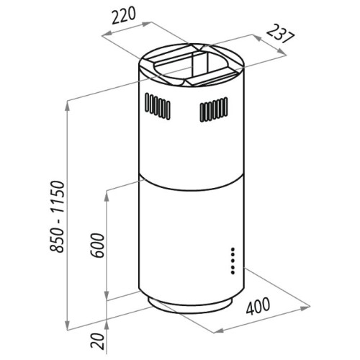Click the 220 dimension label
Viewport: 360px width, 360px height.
pyautogui.click(x=124, y=16)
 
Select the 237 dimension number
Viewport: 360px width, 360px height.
pyautogui.click(x=280, y=34)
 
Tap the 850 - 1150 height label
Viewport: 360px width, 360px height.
pyautogui.click(x=57, y=217)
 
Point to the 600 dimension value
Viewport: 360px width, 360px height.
pyautogui.click(x=97, y=245)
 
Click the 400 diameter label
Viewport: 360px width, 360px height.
pyautogui.click(x=258, y=306)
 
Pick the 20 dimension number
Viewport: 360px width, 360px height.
pyautogui.click(x=98, y=341)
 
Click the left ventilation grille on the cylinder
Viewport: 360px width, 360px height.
pyautogui.click(x=158, y=107)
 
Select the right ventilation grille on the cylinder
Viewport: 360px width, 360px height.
pyautogui.click(x=214, y=109)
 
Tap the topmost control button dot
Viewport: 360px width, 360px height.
pyautogui.click(x=233, y=249)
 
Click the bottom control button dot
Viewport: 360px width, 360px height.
pyautogui.click(x=233, y=272)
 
